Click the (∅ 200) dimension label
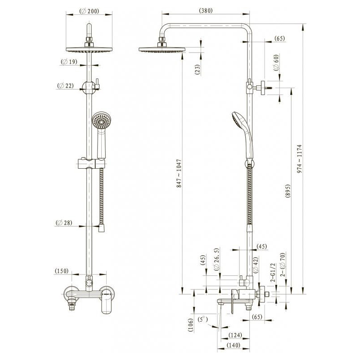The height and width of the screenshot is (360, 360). click(x=89, y=11)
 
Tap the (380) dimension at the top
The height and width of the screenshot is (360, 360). click(x=206, y=10)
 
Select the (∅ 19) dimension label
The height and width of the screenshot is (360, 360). click(x=69, y=62)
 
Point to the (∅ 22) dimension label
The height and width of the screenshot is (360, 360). click(x=65, y=86)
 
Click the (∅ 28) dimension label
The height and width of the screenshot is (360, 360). click(x=64, y=223)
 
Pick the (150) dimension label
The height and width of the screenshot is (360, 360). click(x=62, y=271)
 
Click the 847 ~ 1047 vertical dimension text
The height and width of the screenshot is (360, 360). click(x=179, y=173)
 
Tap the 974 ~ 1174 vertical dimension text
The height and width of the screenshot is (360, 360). click(x=299, y=159)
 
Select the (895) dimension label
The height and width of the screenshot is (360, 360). click(x=288, y=191)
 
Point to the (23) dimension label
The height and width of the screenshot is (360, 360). click(x=197, y=70)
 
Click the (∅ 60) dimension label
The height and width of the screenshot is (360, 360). click(x=276, y=63)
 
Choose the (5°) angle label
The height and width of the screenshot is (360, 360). click(x=203, y=319)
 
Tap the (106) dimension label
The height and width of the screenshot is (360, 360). click(x=191, y=325)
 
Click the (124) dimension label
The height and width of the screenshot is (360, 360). click(x=235, y=335)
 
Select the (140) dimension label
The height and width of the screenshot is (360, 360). click(x=233, y=345)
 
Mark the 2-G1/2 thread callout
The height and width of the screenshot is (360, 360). click(x=273, y=273)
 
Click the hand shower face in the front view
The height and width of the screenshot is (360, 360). click(x=101, y=121)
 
